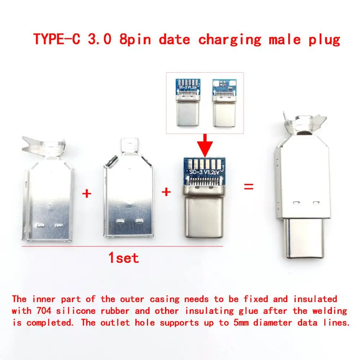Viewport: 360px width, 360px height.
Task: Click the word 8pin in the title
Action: pyautogui.click(x=135, y=39)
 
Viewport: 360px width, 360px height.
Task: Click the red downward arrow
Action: pyautogui.click(x=204, y=144)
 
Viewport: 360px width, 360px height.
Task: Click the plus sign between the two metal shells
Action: pyautogui.click(x=86, y=194)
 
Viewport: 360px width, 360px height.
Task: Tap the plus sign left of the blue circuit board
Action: pyautogui.click(x=166, y=192)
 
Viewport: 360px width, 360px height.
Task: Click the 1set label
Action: pyautogui.click(x=123, y=258)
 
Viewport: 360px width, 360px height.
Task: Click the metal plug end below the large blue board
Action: pyautogui.click(x=204, y=216)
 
